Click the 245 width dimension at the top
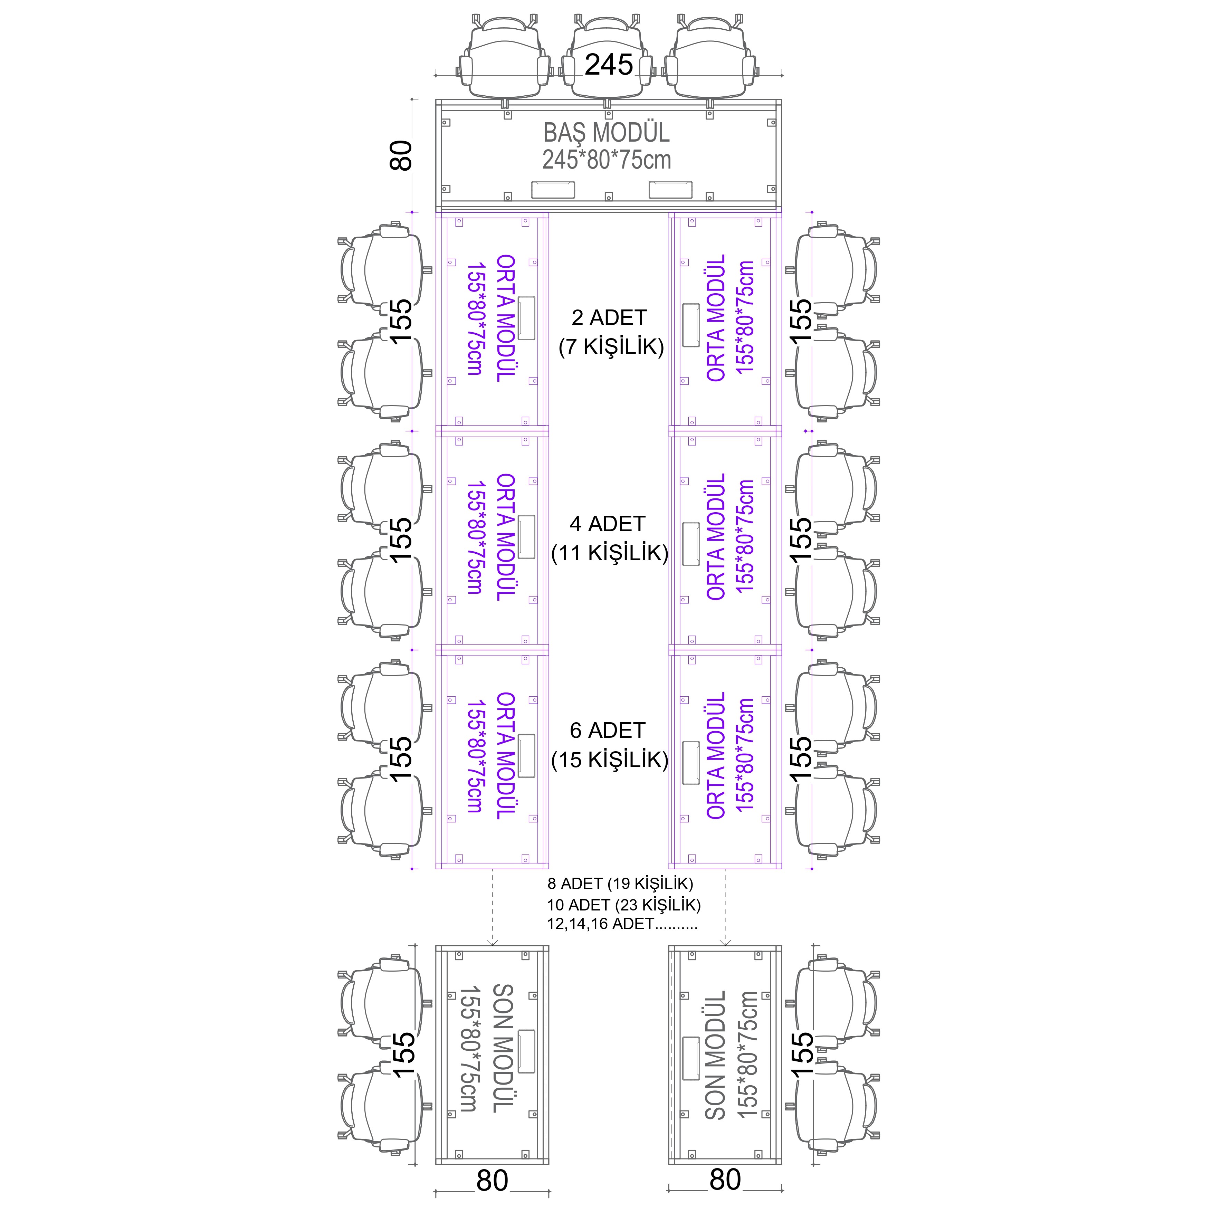[609, 65]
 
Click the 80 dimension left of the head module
[401, 155]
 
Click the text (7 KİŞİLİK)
[611, 347]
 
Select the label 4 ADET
[607, 524]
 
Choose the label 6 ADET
[607, 730]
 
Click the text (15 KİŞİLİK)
[610, 760]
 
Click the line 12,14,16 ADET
[622, 924]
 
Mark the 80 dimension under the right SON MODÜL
[725, 1180]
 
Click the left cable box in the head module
[553, 190]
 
